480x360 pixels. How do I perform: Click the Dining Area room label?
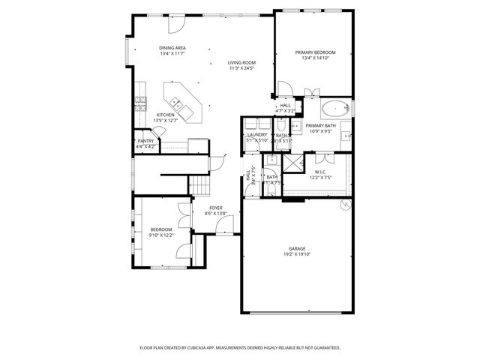coord(172,48)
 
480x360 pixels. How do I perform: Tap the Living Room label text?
coord(241,62)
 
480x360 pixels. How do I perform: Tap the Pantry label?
coord(145,140)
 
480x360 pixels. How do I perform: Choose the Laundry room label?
coord(257,135)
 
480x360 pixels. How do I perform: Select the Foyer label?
coord(215,208)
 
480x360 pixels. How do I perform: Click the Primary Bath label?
coord(320,126)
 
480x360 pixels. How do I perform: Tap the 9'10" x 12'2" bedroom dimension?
coord(161,235)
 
